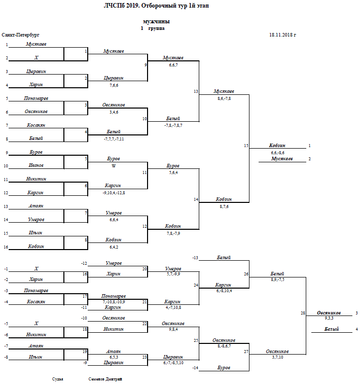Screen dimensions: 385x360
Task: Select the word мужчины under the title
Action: point(156,22)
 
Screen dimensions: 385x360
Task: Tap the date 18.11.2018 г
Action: point(282,36)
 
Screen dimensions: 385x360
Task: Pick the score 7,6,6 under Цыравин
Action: point(114,85)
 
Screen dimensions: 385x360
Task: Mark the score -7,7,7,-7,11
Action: point(114,138)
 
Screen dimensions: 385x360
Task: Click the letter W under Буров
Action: point(114,166)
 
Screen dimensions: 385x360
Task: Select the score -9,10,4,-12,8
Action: point(114,193)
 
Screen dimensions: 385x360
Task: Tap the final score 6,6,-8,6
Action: point(277,153)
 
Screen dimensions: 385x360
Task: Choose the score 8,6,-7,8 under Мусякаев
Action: point(224,98)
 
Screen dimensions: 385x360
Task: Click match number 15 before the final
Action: point(246,146)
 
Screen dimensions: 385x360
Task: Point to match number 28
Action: point(303,313)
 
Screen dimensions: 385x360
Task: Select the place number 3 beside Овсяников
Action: point(357,313)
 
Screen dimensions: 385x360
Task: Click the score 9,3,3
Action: point(329,319)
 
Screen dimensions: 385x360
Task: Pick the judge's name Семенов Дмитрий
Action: point(105,379)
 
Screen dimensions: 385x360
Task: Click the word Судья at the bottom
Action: point(58,379)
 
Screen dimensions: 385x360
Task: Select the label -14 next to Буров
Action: point(195,367)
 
